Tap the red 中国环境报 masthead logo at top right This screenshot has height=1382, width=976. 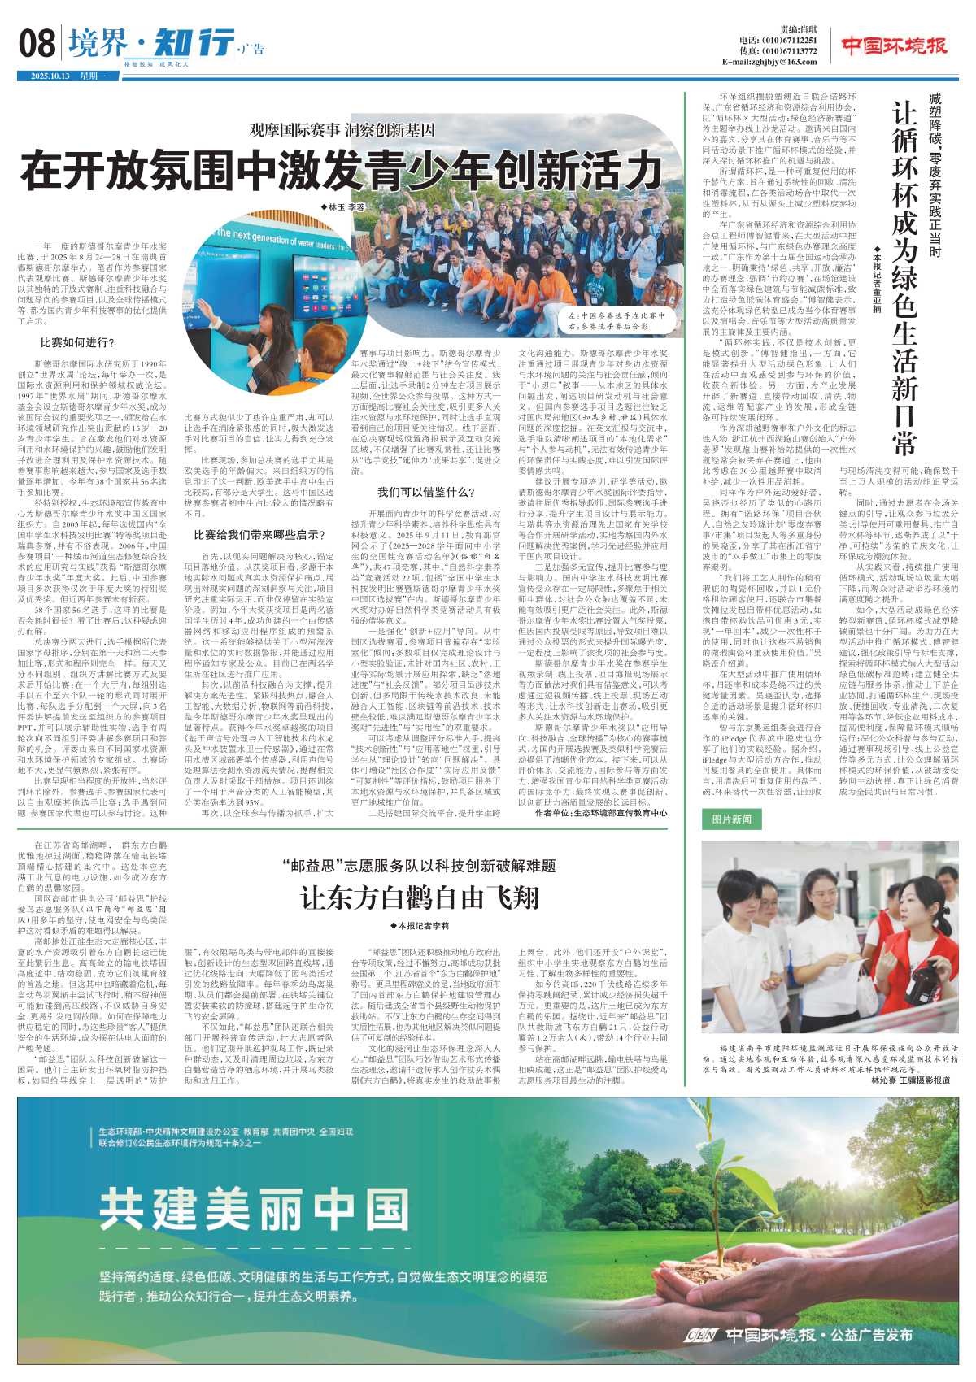(894, 46)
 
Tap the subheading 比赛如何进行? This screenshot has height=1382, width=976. (77, 342)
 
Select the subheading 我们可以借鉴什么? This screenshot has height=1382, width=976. (426, 492)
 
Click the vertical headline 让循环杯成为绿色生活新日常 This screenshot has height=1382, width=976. (904, 277)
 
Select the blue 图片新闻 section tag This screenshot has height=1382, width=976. (731, 819)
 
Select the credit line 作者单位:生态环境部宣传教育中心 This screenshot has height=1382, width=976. (602, 812)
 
